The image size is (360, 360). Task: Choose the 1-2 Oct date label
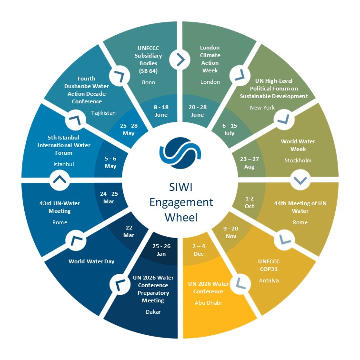pyautogui.click(x=249, y=202)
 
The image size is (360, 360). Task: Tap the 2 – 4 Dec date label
pyautogui.click(x=199, y=250)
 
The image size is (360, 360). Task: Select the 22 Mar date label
pyautogui.click(x=129, y=231)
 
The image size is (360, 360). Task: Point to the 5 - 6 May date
pyautogui.click(x=110, y=163)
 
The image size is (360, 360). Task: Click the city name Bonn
pyautogui.click(x=149, y=82)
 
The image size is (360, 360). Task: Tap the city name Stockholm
pyautogui.click(x=298, y=160)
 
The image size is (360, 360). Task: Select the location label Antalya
pyautogui.click(x=269, y=280)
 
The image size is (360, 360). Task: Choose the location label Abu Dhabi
pyautogui.click(x=208, y=302)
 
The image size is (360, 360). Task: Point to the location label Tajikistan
pyautogui.click(x=103, y=113)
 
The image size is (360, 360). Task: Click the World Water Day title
pyautogui.click(x=91, y=261)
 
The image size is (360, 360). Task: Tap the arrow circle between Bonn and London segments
pyautogui.click(x=180, y=60)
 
